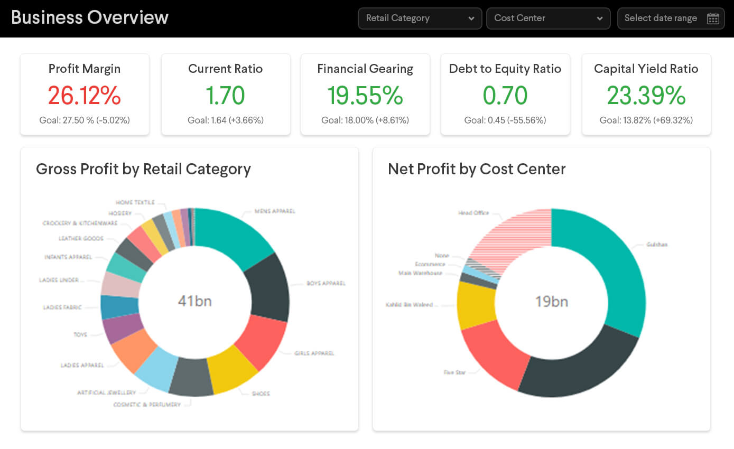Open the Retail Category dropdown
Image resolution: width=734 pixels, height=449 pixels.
420,18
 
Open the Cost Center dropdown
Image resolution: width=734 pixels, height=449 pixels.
548,18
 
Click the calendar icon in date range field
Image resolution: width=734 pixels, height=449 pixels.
713,18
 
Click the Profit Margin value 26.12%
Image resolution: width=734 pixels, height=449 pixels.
85,96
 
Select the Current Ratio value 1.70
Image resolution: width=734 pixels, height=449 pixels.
225,96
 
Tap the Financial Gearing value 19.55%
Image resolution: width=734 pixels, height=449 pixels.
365,96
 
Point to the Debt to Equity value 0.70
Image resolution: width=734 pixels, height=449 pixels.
505,96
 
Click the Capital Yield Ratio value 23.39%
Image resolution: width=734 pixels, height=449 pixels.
646,96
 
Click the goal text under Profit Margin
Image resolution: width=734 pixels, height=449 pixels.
85,120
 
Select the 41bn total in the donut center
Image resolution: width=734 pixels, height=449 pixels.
194,301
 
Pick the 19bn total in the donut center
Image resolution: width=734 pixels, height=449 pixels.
551,302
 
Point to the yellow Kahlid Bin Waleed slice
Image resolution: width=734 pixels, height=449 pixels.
476,306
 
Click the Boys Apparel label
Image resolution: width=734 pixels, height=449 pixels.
326,283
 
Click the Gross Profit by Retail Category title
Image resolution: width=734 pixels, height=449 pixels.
143,169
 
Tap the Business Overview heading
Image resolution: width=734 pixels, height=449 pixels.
90,17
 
